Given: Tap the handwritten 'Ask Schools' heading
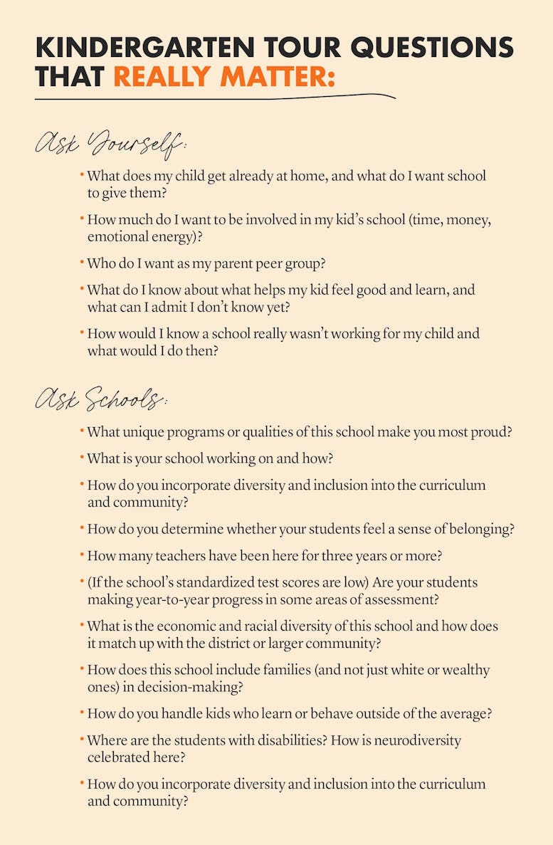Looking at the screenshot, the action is coord(100,400).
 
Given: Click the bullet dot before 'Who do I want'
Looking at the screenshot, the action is coord(83,262).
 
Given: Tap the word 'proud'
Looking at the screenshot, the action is coord(493,432).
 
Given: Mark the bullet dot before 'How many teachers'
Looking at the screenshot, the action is coord(83,555).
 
